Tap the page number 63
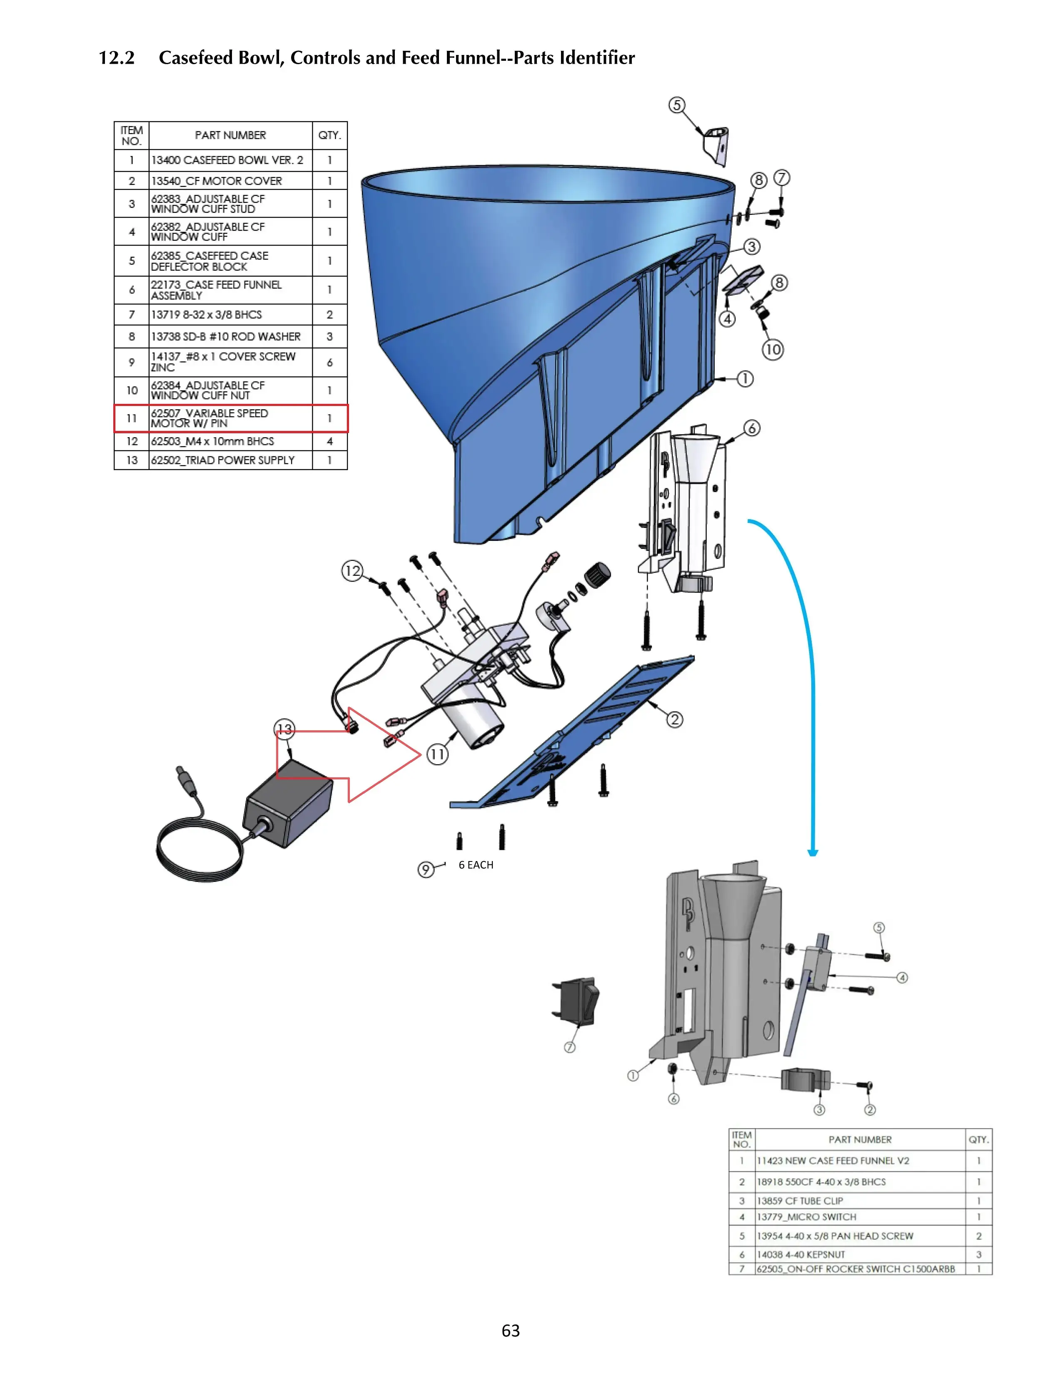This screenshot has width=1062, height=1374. click(510, 1330)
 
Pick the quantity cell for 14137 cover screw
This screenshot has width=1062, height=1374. click(329, 362)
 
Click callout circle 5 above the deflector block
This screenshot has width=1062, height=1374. click(676, 105)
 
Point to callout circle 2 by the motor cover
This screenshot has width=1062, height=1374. click(674, 719)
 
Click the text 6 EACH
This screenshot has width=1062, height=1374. click(476, 865)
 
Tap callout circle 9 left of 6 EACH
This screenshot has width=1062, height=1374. click(426, 869)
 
